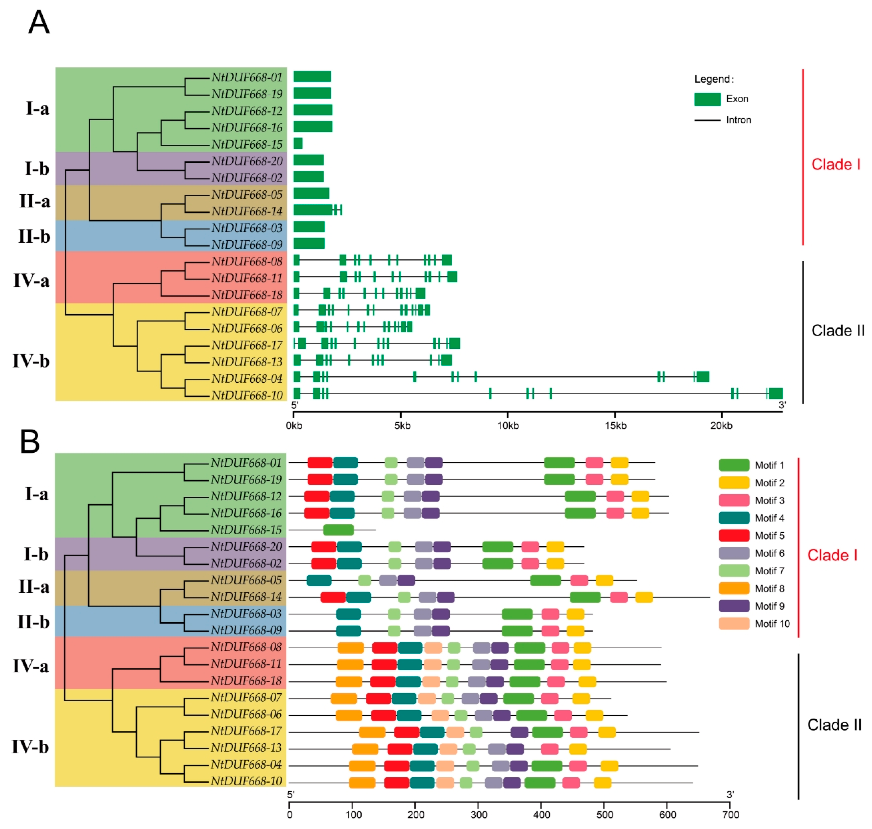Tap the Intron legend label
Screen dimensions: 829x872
pyautogui.click(x=738, y=120)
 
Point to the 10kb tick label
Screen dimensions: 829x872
pyautogui.click(x=508, y=425)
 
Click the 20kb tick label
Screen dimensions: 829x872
pyautogui.click(x=721, y=425)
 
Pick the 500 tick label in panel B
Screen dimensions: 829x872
pyautogui.click(x=604, y=814)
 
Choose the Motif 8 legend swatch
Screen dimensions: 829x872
pyautogui.click(x=734, y=588)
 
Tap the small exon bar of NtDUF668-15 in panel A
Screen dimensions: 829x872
pyautogui.click(x=298, y=144)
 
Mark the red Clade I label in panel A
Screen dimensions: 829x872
pyautogui.click(x=835, y=164)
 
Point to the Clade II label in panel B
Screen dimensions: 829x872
pyautogui.click(x=834, y=725)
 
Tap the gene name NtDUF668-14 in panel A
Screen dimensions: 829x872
pyautogui.click(x=247, y=211)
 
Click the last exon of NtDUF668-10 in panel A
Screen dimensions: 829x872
pyautogui.click(x=775, y=393)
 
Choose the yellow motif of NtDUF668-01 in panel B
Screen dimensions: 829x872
pyautogui.click(x=619, y=463)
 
